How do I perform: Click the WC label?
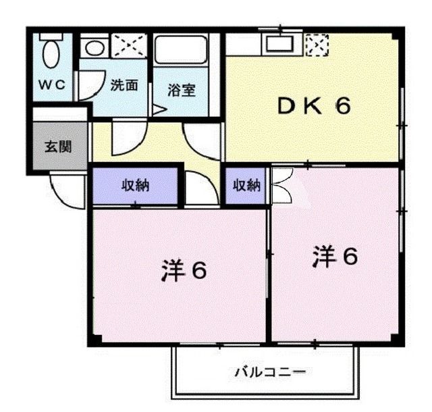click(x=51, y=85)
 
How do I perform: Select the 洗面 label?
click(x=125, y=86)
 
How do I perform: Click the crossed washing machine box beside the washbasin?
click(x=129, y=46)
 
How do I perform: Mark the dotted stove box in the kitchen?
click(x=315, y=45)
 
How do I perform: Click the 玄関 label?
click(x=58, y=146)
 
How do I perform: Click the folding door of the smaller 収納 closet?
click(x=281, y=185)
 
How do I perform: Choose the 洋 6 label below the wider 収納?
click(x=183, y=269)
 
